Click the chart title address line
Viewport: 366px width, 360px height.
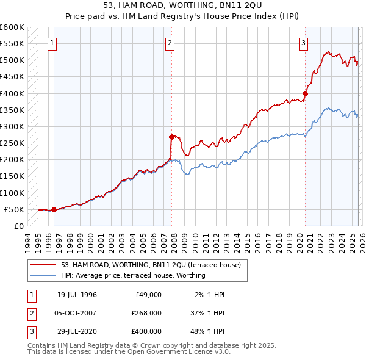pyautogui.click(x=183, y=5)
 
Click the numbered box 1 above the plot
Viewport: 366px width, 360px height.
pyautogui.click(x=53, y=43)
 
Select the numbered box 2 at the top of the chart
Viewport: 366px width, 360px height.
pyautogui.click(x=170, y=43)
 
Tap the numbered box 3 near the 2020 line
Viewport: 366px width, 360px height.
pyautogui.click(x=303, y=43)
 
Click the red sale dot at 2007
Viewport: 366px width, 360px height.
pyautogui.click(x=171, y=137)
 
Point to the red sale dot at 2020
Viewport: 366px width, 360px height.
pyautogui.click(x=306, y=93)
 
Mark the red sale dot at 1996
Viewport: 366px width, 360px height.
pyautogui.click(x=54, y=209)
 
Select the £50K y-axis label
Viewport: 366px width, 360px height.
pyautogui.click(x=14, y=209)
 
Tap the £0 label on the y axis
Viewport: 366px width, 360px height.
pyautogui.click(x=18, y=226)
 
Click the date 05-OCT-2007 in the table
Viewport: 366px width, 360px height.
pyautogui.click(x=77, y=312)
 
